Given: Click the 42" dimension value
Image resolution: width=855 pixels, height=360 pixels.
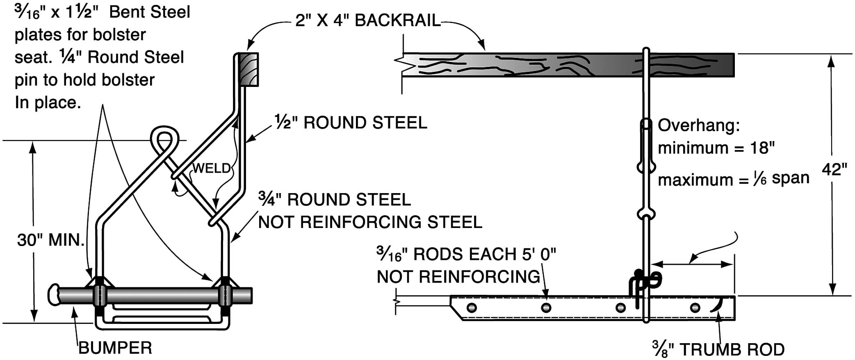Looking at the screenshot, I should (834, 169).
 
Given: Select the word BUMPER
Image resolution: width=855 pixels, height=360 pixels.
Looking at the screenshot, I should (115, 348).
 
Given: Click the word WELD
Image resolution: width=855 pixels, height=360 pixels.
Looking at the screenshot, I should (212, 168).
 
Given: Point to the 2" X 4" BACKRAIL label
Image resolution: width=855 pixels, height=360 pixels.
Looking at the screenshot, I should (368, 21).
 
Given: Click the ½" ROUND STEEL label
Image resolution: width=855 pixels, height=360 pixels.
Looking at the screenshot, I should (351, 123).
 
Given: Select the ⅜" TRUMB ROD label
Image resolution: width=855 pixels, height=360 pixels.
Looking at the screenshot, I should (718, 349).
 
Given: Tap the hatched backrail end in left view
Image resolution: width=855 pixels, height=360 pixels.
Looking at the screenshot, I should (249, 69).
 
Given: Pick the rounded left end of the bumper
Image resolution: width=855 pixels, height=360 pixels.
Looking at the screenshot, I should (54, 295).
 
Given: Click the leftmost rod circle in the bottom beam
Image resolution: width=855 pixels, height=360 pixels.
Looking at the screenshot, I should (472, 308).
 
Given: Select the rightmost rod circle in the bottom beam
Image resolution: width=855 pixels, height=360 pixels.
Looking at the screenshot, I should (695, 308).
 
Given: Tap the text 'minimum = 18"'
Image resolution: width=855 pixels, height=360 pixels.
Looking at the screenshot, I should (716, 148).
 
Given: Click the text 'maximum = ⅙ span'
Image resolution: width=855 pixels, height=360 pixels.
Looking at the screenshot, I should (734, 179).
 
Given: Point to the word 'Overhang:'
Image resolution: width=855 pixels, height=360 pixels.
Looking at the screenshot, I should (699, 125).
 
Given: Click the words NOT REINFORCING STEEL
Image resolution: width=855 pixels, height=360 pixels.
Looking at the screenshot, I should (370, 222).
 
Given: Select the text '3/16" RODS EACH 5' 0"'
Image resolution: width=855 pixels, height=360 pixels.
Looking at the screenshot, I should (466, 254).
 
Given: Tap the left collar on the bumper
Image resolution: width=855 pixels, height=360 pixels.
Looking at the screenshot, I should (100, 295).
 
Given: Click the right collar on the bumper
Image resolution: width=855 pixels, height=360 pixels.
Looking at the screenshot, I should (225, 295).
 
